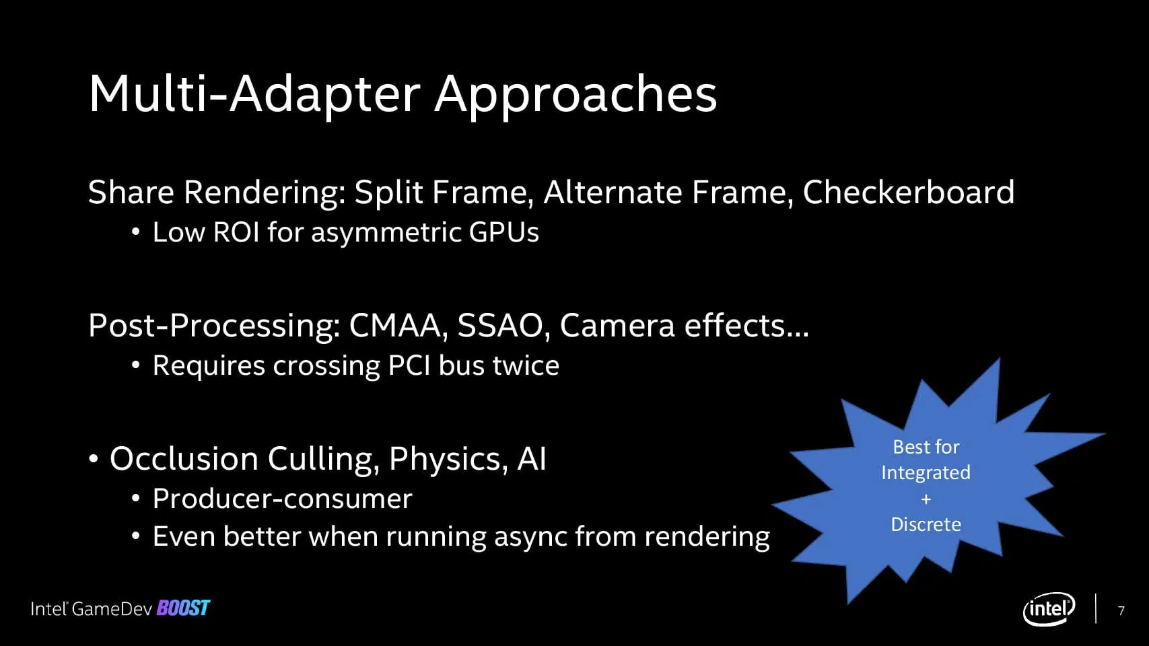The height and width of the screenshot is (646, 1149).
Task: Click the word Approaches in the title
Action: pos(576,96)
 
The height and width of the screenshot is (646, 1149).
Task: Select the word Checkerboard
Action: pos(909,192)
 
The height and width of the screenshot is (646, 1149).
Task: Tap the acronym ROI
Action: pos(236,231)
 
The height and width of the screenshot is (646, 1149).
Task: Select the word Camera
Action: pos(617,326)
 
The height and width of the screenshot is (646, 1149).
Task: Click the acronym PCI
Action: pos(409,365)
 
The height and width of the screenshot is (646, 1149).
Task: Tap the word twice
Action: pos(526,365)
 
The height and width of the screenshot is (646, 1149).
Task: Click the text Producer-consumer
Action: pos(282,499)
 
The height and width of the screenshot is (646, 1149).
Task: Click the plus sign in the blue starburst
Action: pos(926,499)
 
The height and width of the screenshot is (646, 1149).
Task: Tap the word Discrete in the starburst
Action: pos(926,524)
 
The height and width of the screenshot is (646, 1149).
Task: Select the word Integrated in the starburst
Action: pos(926,473)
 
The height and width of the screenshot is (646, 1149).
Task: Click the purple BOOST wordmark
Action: pos(184,608)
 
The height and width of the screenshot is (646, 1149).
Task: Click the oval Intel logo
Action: pos(1049,609)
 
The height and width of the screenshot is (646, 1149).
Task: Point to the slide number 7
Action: pos(1121,610)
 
